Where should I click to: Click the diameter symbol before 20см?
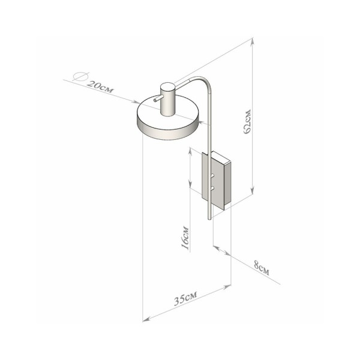[x=77, y=77]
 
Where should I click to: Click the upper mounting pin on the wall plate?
[x=213, y=175]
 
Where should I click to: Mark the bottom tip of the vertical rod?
[x=210, y=220]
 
